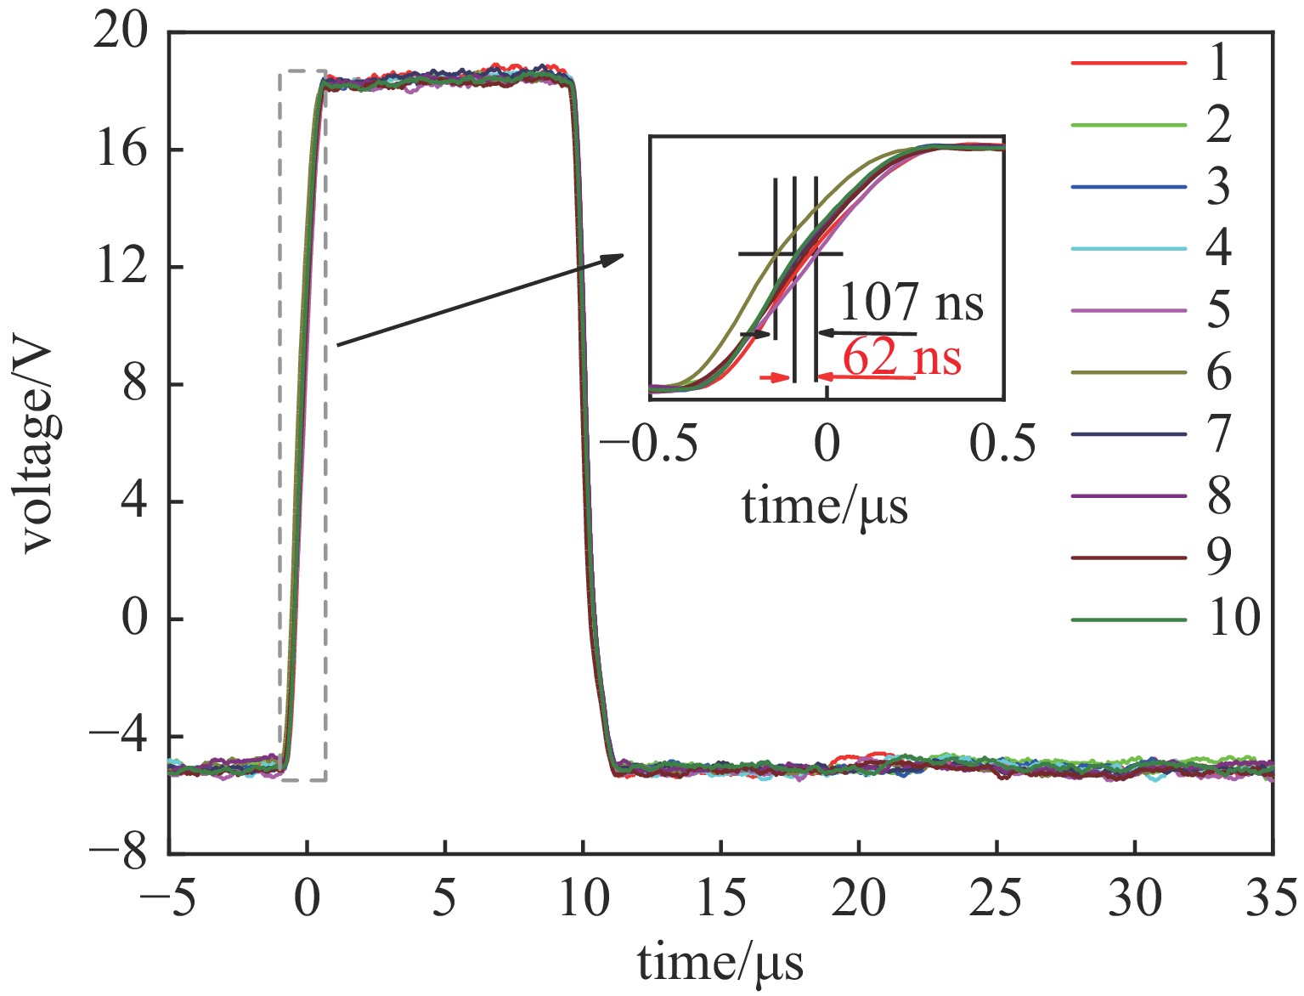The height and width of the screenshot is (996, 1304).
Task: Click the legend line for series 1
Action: [1128, 64]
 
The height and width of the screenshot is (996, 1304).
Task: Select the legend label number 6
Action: [1219, 372]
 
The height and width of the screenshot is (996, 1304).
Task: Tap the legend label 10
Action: [1234, 619]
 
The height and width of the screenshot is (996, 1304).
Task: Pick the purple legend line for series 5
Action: [1128, 311]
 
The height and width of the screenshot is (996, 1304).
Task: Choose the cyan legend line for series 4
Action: [1128, 249]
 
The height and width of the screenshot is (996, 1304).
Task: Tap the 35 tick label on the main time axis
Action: [1272, 899]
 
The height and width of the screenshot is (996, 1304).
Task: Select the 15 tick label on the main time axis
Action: [720, 899]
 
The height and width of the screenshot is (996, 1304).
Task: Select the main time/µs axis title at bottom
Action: [720, 964]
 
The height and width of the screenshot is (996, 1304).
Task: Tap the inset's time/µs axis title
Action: [825, 507]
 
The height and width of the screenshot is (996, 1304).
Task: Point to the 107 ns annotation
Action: [912, 302]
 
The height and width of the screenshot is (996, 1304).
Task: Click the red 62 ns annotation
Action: [901, 357]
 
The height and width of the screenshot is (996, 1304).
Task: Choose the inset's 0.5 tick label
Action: [1003, 444]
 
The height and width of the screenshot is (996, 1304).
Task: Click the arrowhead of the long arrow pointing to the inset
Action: [616, 257]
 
